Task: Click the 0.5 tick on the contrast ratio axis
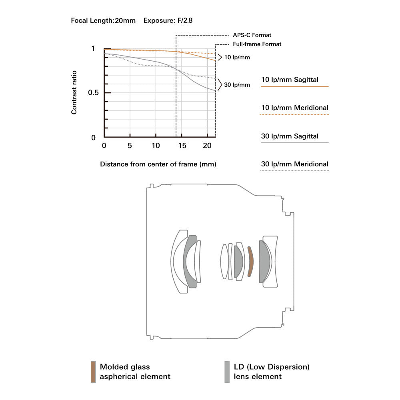[93, 93]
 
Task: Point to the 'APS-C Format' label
[252, 35]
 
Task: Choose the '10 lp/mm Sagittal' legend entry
[290, 80]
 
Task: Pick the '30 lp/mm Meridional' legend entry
[294, 164]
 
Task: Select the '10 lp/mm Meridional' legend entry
[294, 108]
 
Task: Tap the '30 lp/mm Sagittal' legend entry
[290, 136]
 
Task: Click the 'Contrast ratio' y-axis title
[74, 92]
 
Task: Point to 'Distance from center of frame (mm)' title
[158, 164]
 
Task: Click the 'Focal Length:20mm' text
[103, 20]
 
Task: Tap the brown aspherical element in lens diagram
[250, 262]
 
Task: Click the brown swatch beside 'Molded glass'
[93, 372]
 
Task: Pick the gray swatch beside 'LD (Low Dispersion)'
[227, 372]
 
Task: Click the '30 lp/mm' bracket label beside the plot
[236, 85]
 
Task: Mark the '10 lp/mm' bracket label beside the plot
[236, 57]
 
